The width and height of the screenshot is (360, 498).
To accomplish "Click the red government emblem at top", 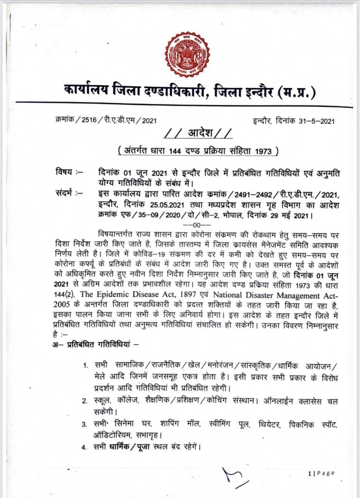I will coord(187,54).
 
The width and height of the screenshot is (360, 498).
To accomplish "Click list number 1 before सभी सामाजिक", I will coord(85,365).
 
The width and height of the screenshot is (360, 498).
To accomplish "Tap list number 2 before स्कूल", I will coord(85,400).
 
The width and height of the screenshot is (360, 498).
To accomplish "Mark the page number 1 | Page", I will coord(321,474).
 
